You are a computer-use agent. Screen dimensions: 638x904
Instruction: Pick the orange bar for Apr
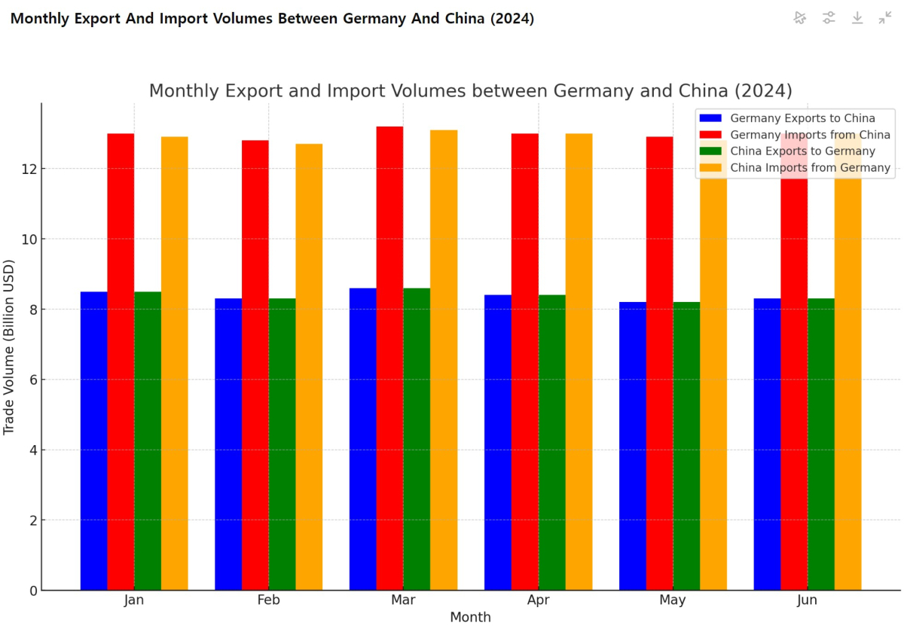click(579, 362)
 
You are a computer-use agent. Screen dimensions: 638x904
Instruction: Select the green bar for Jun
click(821, 444)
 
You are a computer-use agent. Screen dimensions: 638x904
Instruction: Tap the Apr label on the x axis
click(538, 600)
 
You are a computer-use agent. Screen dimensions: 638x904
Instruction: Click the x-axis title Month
click(470, 618)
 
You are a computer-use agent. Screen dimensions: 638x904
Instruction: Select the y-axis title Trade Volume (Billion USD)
click(9, 346)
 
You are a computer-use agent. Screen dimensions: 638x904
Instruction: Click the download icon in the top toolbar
click(857, 17)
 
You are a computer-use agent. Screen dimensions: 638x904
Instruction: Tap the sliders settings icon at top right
click(829, 17)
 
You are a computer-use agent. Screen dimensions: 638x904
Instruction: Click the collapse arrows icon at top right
click(885, 17)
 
